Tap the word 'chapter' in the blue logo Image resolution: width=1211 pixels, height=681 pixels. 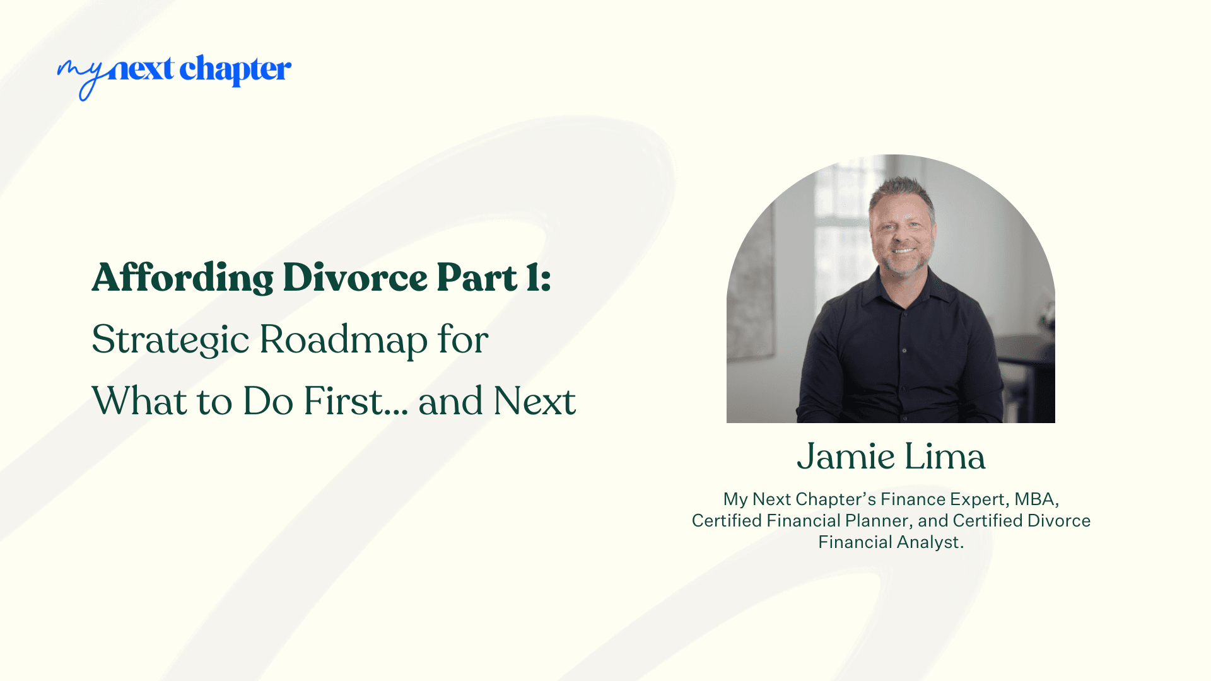235,70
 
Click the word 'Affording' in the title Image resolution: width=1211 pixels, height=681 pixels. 182,277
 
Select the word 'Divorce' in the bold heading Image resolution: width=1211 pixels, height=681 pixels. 355,277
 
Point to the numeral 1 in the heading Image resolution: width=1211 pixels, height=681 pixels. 534,277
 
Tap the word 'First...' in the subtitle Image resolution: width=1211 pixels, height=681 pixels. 355,401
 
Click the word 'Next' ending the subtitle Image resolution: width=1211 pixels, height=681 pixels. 534,401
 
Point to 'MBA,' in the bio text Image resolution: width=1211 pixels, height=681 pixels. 1036,499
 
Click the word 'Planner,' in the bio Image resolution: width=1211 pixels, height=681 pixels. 879,521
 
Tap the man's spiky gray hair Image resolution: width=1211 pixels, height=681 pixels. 902,189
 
